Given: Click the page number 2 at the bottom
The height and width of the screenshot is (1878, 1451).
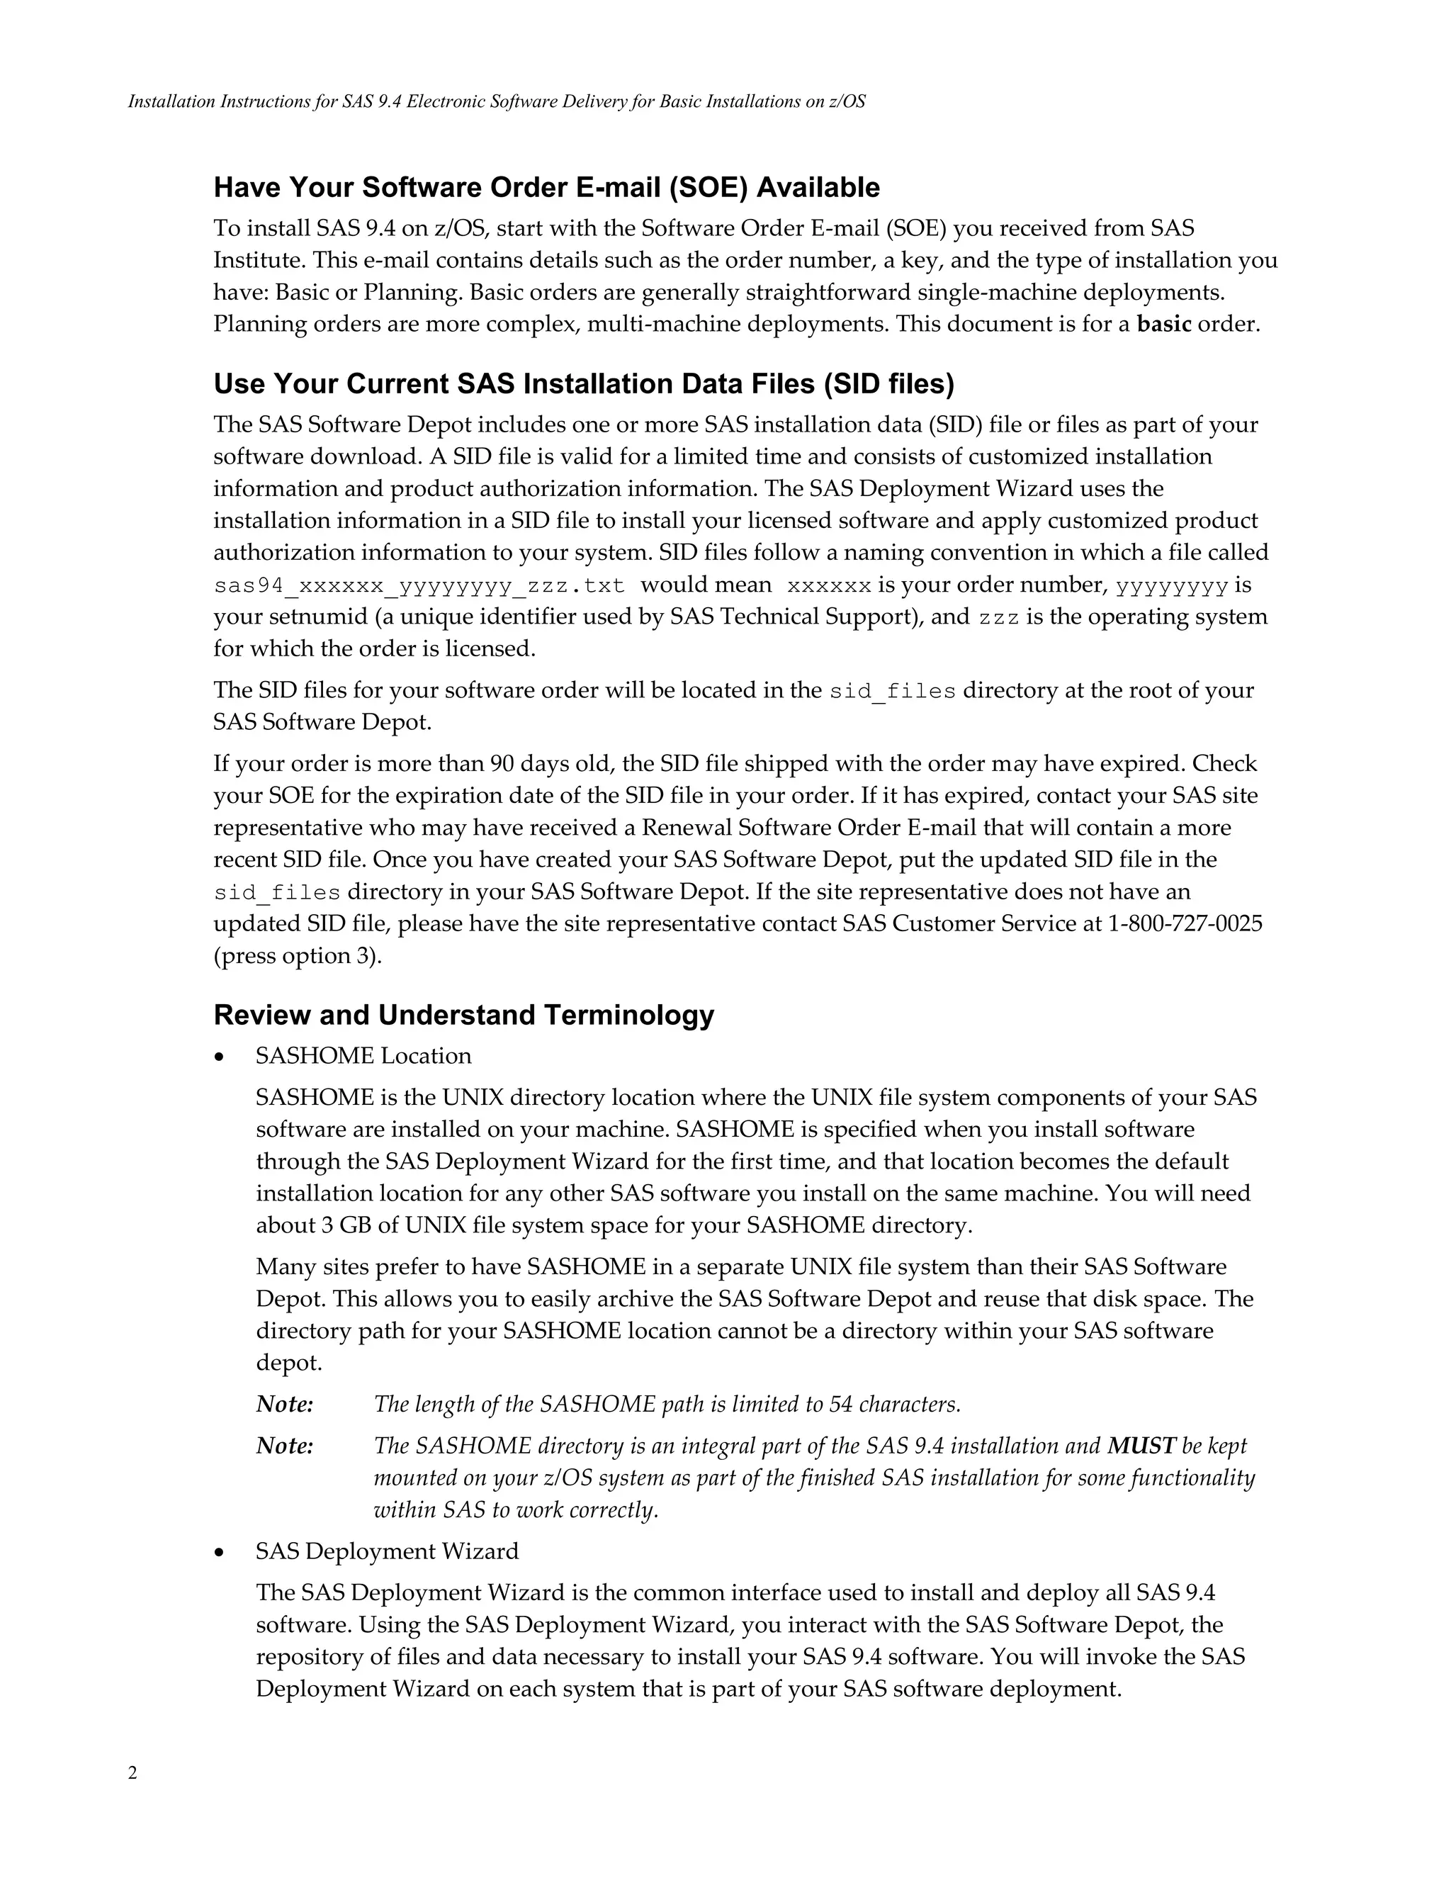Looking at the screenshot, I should [132, 1773].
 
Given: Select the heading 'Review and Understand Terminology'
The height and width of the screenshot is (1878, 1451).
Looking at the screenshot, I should [463, 1015].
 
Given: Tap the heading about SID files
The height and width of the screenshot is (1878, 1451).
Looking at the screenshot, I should [584, 383].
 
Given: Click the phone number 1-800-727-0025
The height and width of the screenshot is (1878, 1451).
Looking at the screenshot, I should [1185, 923].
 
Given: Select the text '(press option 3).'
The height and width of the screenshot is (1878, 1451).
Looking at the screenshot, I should [298, 956].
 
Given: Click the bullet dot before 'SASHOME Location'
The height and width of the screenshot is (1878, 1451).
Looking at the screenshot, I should [221, 1057].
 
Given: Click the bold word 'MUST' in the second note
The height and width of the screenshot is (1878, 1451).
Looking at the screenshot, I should [1141, 1446].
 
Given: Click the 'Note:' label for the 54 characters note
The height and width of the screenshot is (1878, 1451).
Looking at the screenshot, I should [285, 1404].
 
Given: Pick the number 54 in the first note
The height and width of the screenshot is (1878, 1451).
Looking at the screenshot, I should [840, 1404].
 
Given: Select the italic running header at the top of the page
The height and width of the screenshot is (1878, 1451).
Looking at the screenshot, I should [496, 101].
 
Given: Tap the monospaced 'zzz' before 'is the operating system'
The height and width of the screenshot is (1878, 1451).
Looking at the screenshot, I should [998, 618].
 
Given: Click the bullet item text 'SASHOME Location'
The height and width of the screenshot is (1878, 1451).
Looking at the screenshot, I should [363, 1056].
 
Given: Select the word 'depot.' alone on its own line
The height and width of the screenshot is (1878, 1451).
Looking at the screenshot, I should [289, 1363].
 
